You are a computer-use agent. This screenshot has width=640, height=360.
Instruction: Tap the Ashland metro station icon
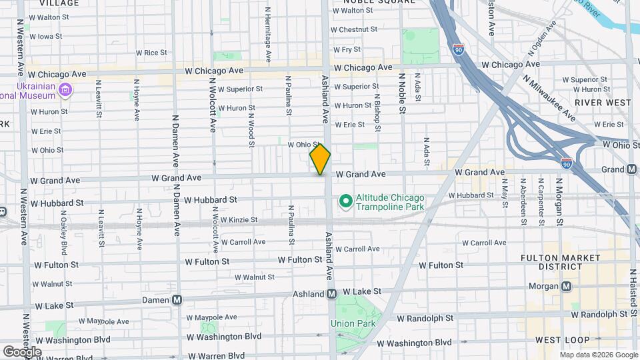point(331,293)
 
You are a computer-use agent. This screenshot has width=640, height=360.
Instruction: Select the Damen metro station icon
point(177,301)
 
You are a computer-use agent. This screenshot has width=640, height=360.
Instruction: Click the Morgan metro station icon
point(567,287)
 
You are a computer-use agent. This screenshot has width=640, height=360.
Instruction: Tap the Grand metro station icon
point(631,169)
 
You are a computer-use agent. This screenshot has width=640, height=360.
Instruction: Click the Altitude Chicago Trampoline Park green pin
point(345,200)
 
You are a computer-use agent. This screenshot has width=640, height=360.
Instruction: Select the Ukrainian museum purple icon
point(65,90)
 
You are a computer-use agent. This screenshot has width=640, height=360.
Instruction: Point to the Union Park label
point(353,324)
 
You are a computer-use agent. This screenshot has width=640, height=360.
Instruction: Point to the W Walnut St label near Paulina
point(254,277)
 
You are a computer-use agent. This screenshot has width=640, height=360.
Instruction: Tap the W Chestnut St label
point(358,30)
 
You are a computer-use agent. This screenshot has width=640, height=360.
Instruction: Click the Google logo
point(22,351)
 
